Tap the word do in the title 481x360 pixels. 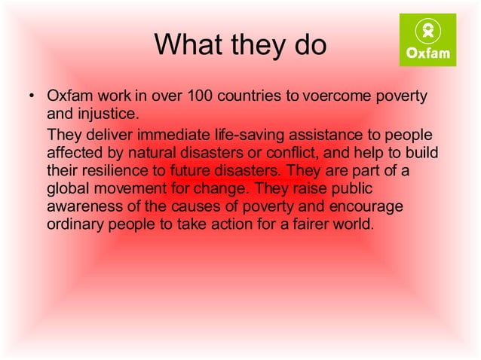point(308,44)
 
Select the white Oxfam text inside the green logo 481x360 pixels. point(427,53)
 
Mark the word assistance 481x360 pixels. point(346,135)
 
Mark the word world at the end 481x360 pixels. point(354,224)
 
